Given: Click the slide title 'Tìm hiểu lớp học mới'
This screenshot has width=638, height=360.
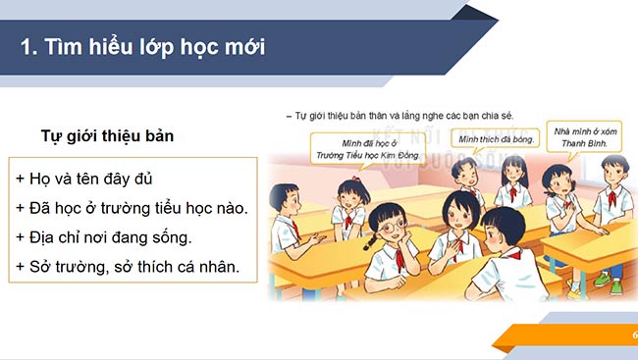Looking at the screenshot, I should point(152,46).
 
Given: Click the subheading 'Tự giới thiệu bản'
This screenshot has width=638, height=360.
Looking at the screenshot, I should point(107,135).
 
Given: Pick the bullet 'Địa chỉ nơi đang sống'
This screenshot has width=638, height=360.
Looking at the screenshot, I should point(103,236).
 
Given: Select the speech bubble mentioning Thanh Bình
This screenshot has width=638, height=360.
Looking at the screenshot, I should point(585,136).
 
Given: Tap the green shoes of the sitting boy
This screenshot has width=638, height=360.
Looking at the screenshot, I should point(601,279).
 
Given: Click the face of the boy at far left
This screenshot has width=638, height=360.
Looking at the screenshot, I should point(288,202).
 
